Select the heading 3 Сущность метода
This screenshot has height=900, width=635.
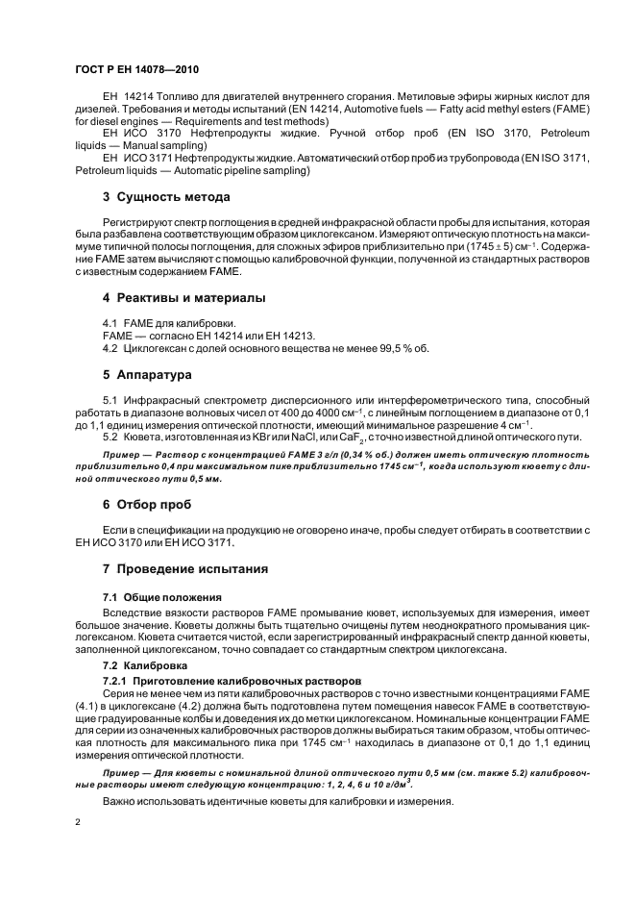(165, 197)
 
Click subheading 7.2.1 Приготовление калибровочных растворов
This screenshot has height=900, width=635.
(231, 680)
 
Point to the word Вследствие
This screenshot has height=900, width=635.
(134, 612)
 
